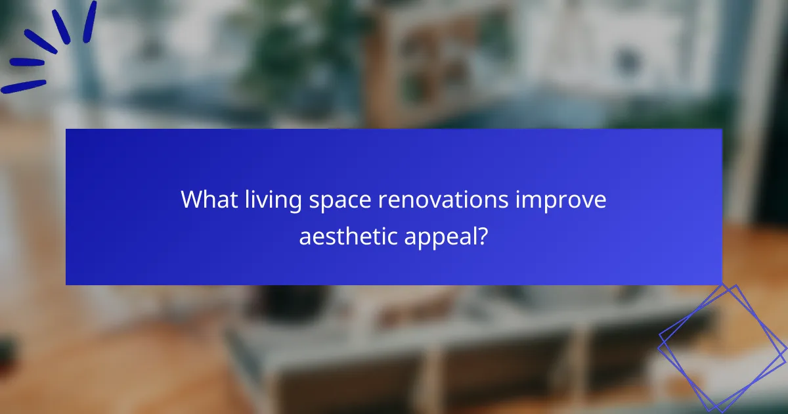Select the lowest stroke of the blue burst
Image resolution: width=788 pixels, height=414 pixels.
24,86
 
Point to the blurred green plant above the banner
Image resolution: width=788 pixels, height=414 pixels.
276,53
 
